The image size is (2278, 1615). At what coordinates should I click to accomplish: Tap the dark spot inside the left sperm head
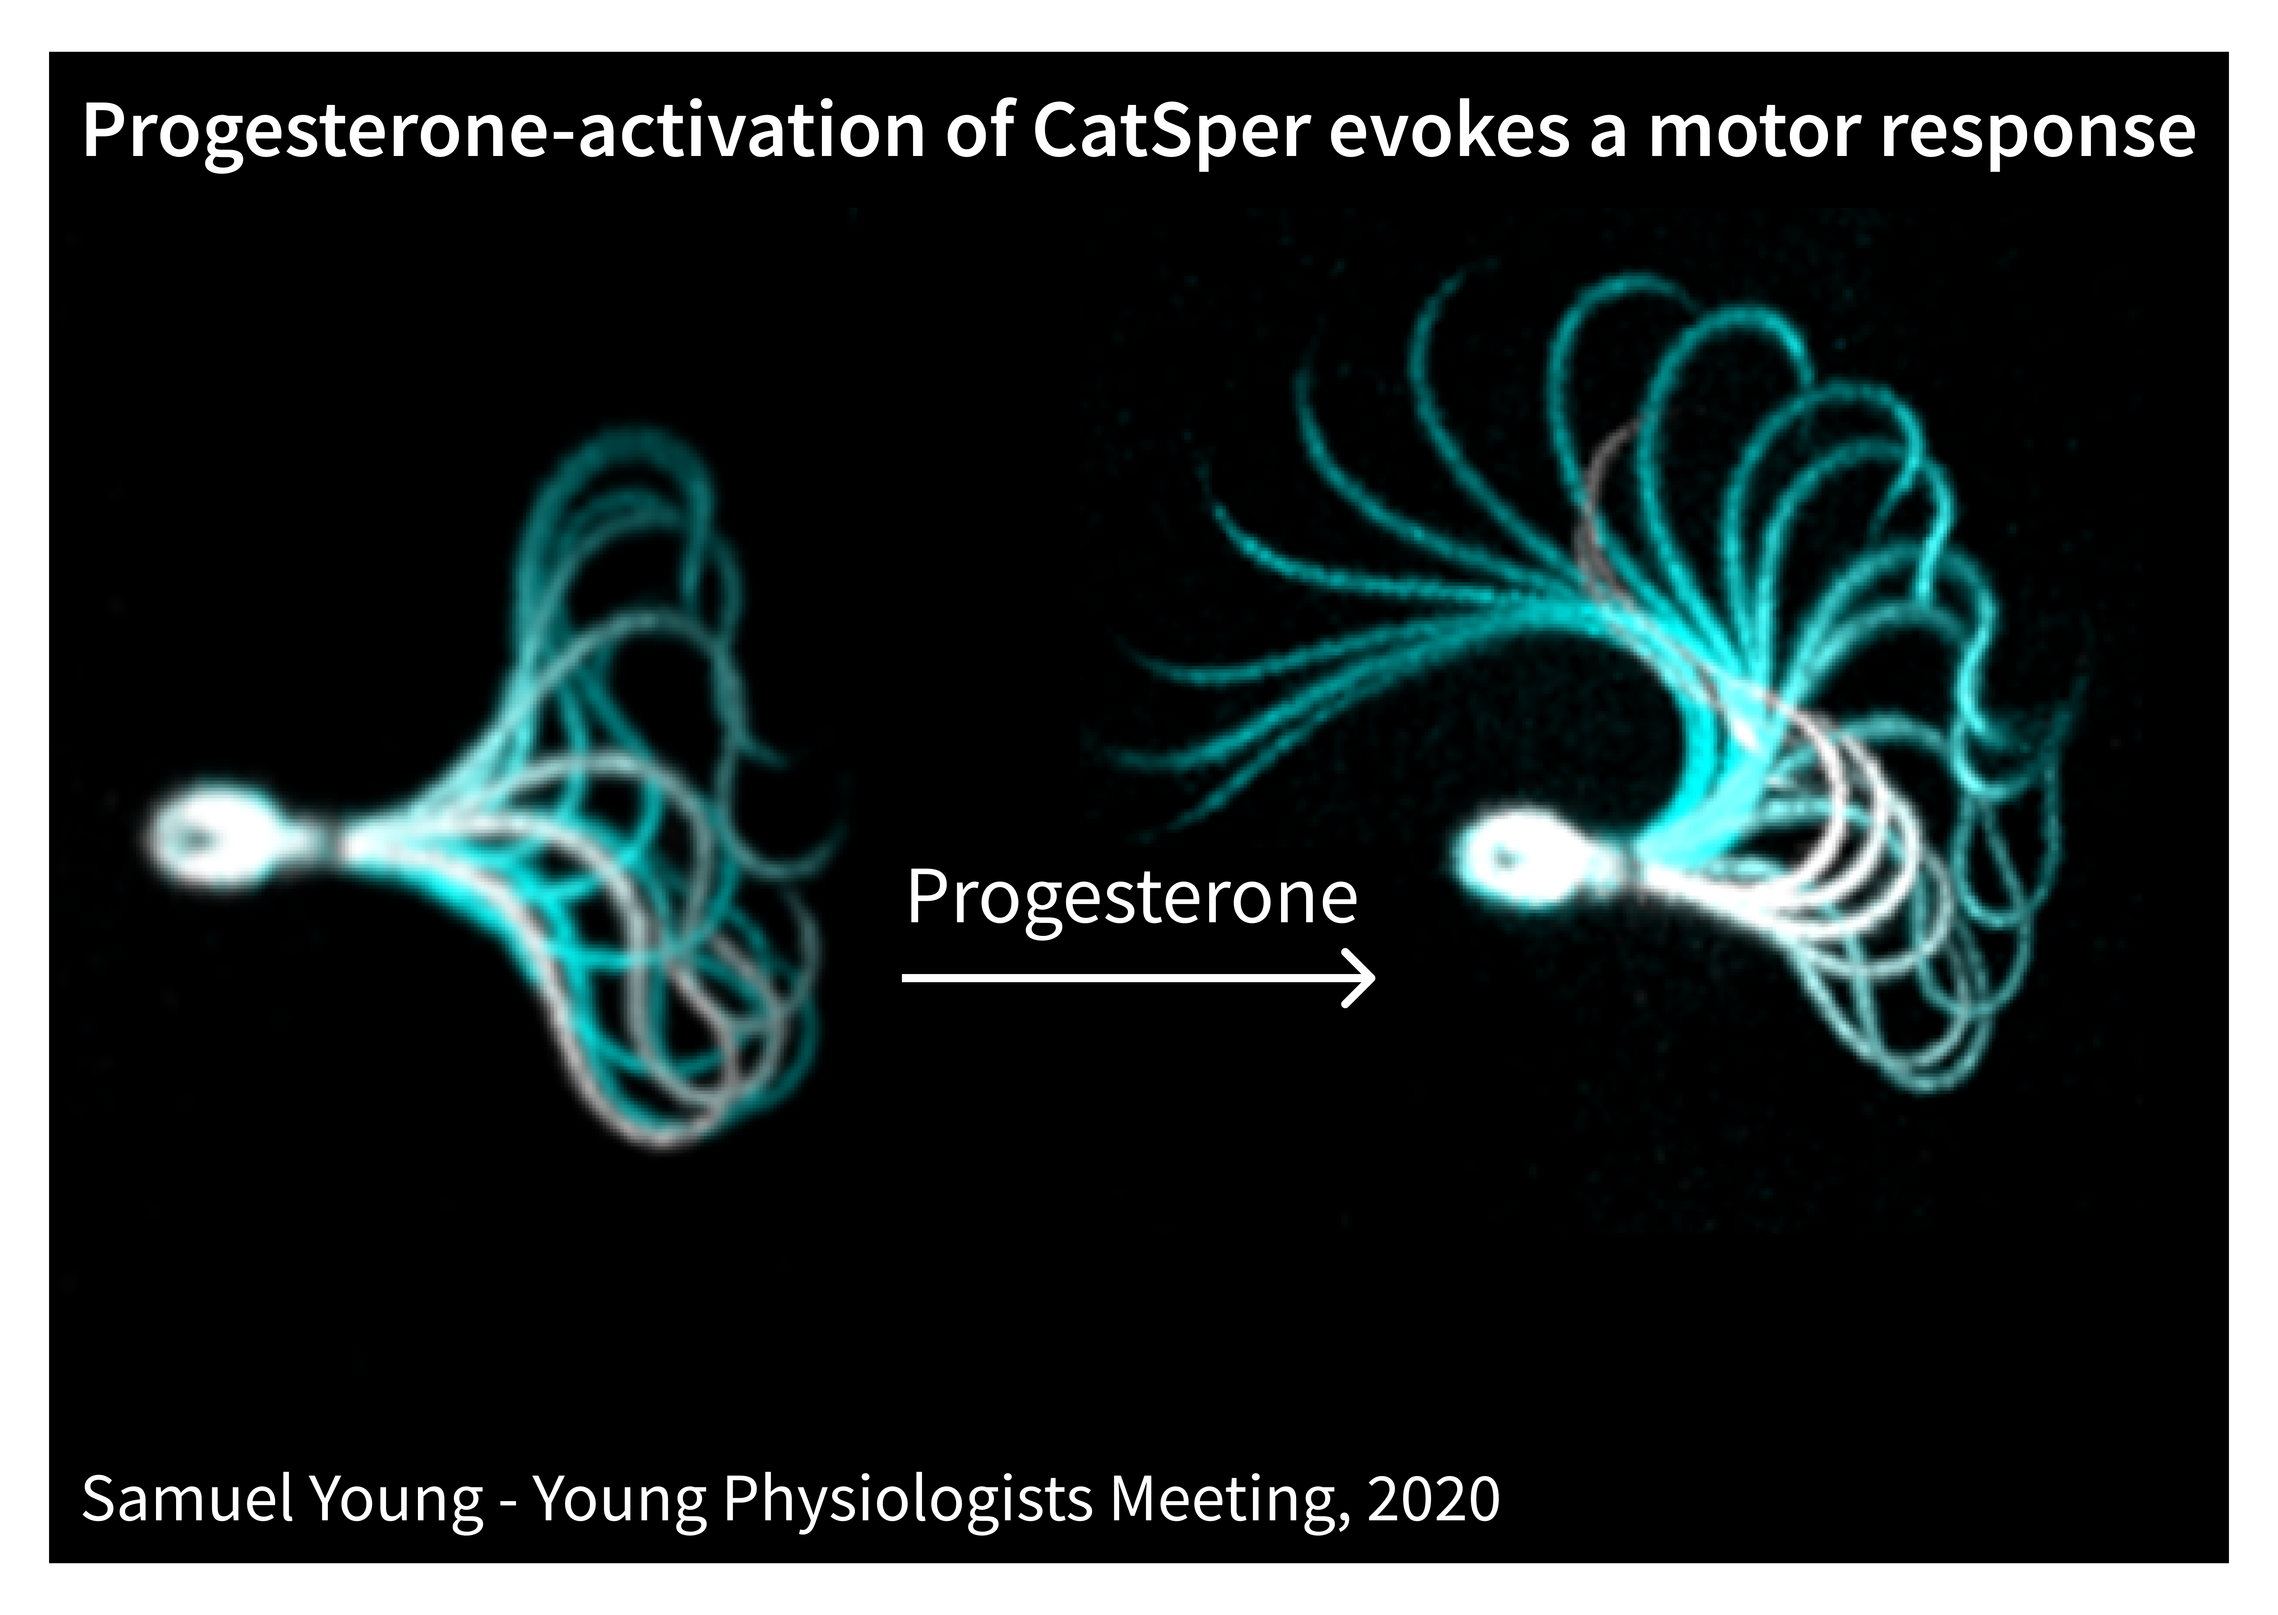tap(199, 837)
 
